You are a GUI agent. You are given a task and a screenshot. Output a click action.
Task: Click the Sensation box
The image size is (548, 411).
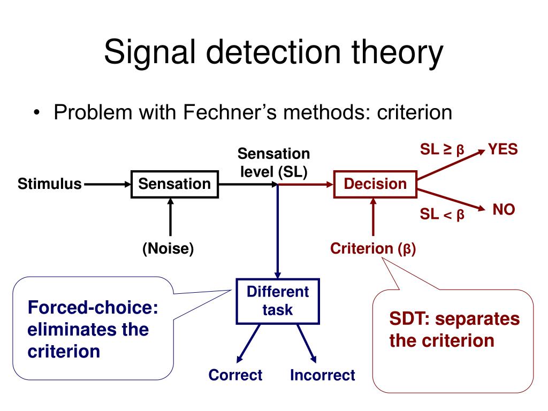point(174,185)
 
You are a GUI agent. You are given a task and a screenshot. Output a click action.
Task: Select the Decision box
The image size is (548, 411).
point(375,185)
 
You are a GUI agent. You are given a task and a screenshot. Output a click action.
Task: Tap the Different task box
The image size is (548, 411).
point(278,301)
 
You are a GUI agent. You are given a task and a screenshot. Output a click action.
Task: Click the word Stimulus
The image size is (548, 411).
point(50,185)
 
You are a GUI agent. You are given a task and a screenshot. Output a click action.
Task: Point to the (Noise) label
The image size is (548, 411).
point(168,249)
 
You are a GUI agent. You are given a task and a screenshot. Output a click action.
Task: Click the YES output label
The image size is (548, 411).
point(503,149)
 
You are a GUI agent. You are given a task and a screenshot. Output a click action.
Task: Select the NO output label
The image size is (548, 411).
point(503,210)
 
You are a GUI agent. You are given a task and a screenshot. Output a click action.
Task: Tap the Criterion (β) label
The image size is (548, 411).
point(373,248)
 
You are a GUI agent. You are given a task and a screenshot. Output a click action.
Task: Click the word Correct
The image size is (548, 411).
point(235,375)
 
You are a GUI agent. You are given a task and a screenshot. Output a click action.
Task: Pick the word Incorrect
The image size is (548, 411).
point(322,375)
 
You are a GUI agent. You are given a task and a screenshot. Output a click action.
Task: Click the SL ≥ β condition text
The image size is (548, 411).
point(442,150)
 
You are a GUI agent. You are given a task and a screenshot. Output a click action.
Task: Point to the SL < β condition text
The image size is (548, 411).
point(442,215)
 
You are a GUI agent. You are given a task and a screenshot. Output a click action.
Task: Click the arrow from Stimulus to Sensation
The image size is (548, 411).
point(107,185)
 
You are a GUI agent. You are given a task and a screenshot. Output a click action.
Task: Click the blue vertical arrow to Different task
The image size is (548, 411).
point(278,230)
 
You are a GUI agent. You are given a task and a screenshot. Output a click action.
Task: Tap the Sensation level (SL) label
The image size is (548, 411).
point(273,163)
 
